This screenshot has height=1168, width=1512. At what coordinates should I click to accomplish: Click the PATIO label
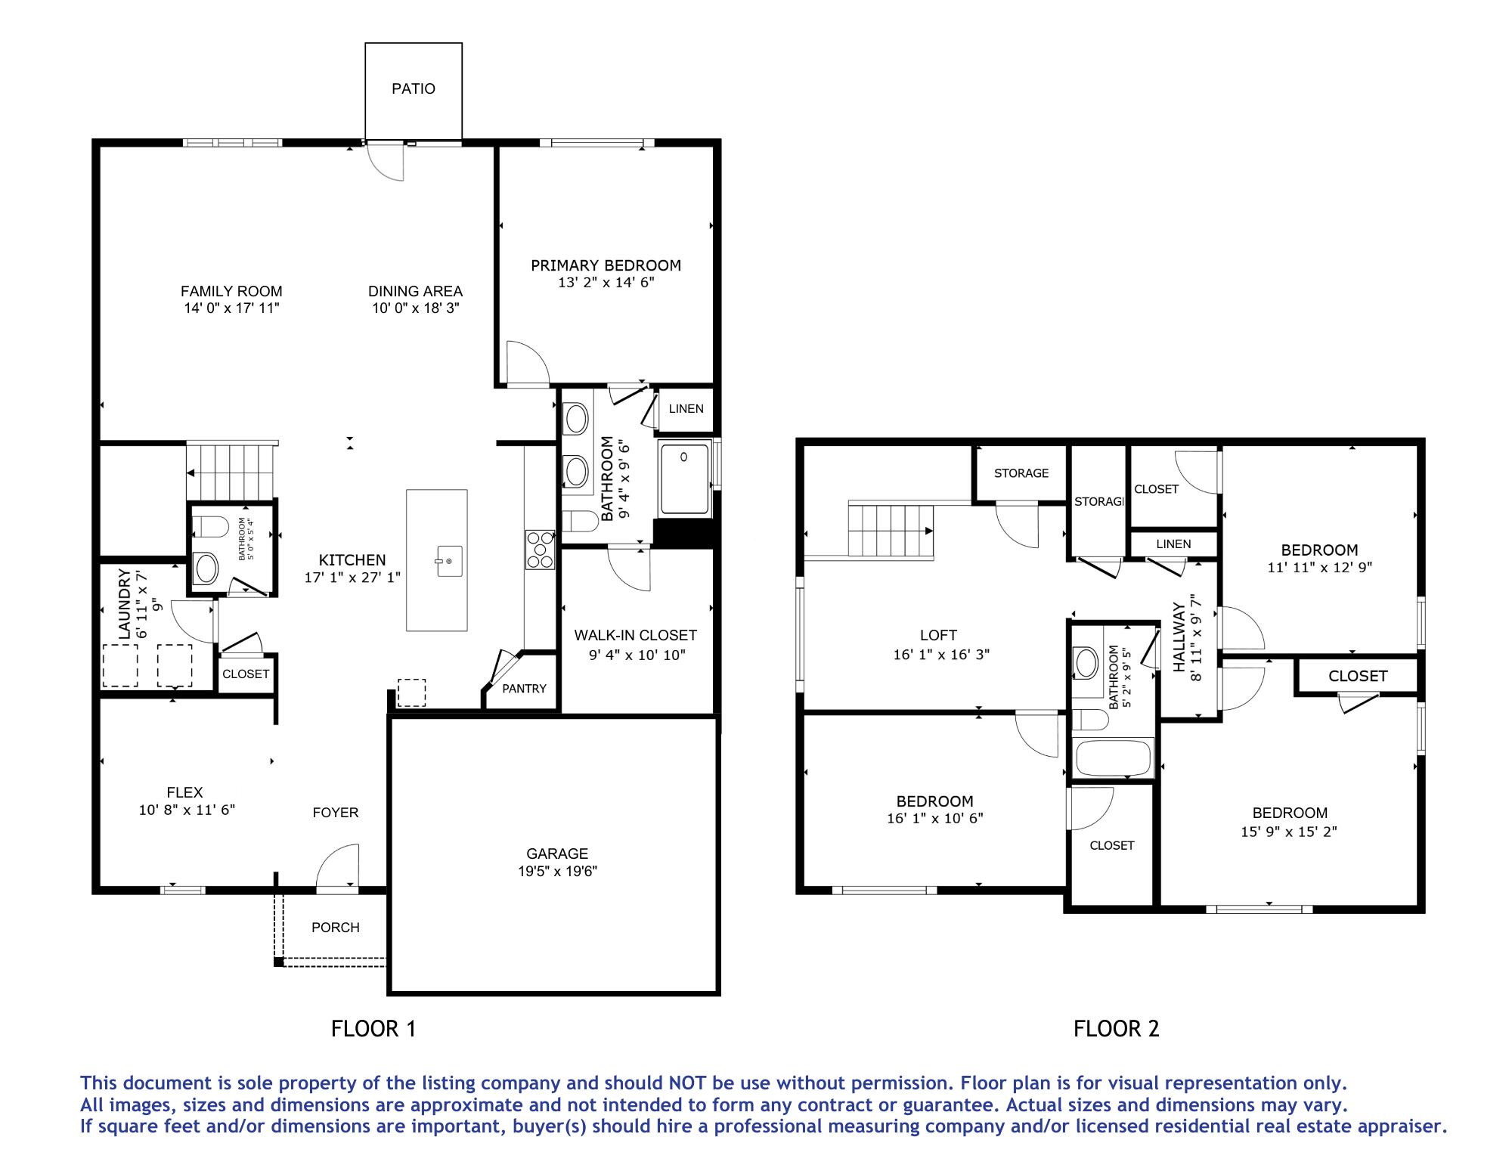tap(414, 89)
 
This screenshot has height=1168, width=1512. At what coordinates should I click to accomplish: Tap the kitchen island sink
tap(448, 561)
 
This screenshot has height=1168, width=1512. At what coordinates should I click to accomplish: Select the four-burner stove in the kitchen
tap(541, 549)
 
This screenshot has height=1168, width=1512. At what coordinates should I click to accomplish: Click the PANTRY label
tap(524, 689)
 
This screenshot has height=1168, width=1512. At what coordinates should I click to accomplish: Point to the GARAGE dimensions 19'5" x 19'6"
tap(557, 871)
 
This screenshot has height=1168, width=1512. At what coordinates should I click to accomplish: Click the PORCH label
tap(336, 928)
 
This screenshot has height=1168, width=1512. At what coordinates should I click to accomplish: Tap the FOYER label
tap(336, 813)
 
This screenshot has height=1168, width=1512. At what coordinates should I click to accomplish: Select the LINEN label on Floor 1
tap(686, 409)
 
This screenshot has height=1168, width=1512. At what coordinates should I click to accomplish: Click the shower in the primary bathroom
tap(685, 479)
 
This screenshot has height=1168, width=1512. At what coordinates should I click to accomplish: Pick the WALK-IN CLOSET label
tap(635, 636)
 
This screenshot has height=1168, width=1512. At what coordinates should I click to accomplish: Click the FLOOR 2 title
tap(1117, 1029)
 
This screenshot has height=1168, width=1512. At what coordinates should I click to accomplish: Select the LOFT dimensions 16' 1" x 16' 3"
tap(941, 655)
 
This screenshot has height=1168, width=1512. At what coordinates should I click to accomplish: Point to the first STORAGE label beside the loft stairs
tap(1021, 473)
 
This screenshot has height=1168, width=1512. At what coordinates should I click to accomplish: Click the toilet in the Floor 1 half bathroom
tap(210, 526)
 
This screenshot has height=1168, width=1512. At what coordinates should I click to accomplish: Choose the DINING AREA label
tap(415, 291)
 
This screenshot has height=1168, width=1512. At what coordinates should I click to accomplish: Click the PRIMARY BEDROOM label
tap(606, 265)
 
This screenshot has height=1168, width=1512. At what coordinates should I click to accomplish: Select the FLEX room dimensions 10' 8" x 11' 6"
tap(187, 810)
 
